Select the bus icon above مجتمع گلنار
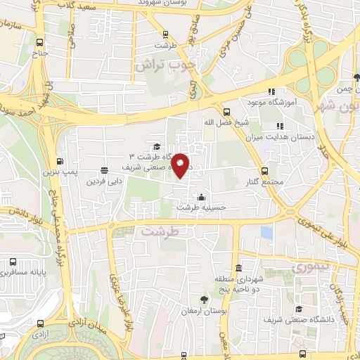(x=264, y=171)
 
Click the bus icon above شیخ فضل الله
(x=226, y=111)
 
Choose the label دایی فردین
(x=105, y=181)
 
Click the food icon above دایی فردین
(x=105, y=169)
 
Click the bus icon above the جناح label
(x=39, y=42)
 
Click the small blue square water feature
(x=266, y=231)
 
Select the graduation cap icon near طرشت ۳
(x=155, y=146)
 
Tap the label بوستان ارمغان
(x=203, y=310)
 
